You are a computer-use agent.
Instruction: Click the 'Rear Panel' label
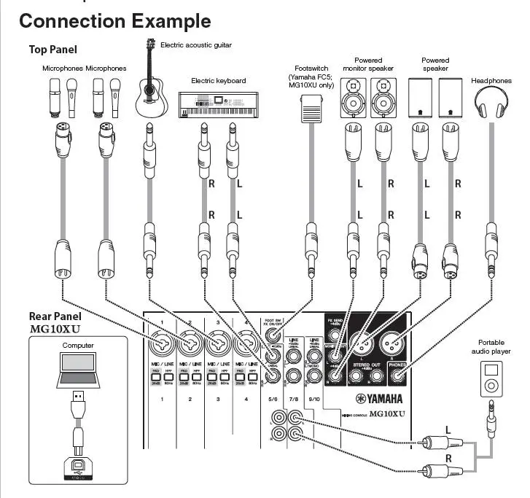(55, 316)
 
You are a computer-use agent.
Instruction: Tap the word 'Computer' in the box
(77, 345)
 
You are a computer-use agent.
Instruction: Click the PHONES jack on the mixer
(397, 376)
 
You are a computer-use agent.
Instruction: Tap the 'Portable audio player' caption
(491, 347)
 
